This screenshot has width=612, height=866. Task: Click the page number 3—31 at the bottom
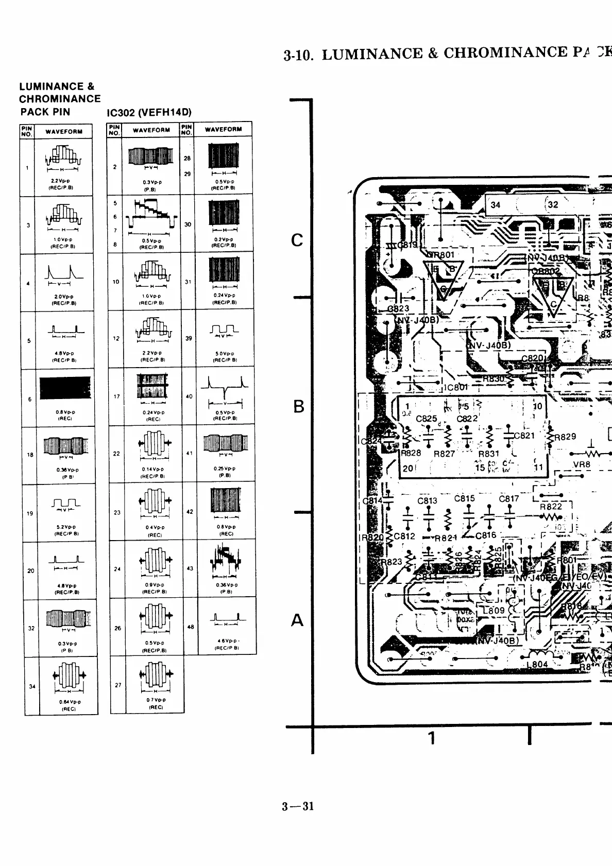[298, 806]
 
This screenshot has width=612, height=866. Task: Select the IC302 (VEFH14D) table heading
[149, 112]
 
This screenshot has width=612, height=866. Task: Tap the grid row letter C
[297, 240]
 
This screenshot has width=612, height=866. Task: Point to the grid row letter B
[298, 407]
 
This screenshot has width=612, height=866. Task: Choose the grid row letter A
[297, 620]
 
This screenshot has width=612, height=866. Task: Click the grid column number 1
[432, 738]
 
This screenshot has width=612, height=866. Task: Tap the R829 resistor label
[564, 437]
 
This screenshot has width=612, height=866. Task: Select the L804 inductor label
[537, 664]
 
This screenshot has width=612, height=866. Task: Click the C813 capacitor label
[427, 500]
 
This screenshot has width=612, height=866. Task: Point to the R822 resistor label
[551, 507]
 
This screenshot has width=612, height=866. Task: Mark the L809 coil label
[494, 611]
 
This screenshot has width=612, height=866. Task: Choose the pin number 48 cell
[190, 627]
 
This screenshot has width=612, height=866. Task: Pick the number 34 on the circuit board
[495, 204]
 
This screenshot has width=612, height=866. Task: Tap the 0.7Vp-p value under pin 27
[152, 700]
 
